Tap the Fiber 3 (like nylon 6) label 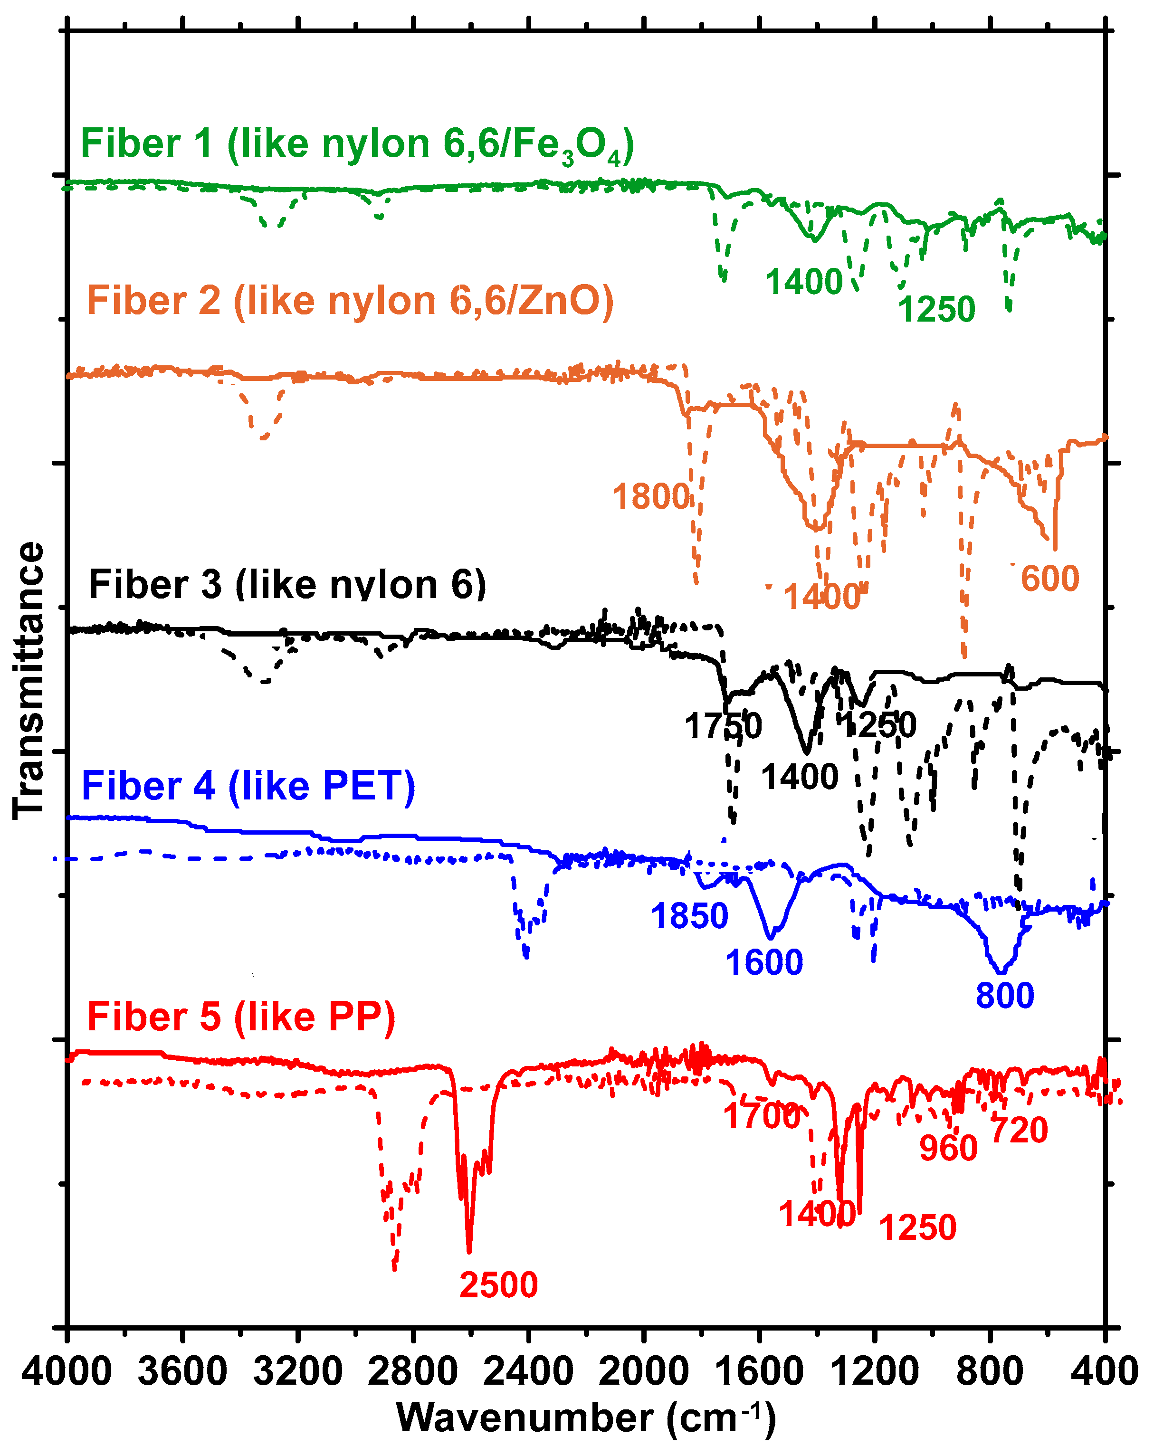pos(287,584)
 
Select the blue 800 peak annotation pos(1004,996)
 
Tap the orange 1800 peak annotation pos(650,497)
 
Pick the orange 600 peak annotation pos(1049,579)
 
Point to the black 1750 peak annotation pos(723,726)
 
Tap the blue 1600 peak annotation pos(764,962)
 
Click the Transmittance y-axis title pos(29,680)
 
